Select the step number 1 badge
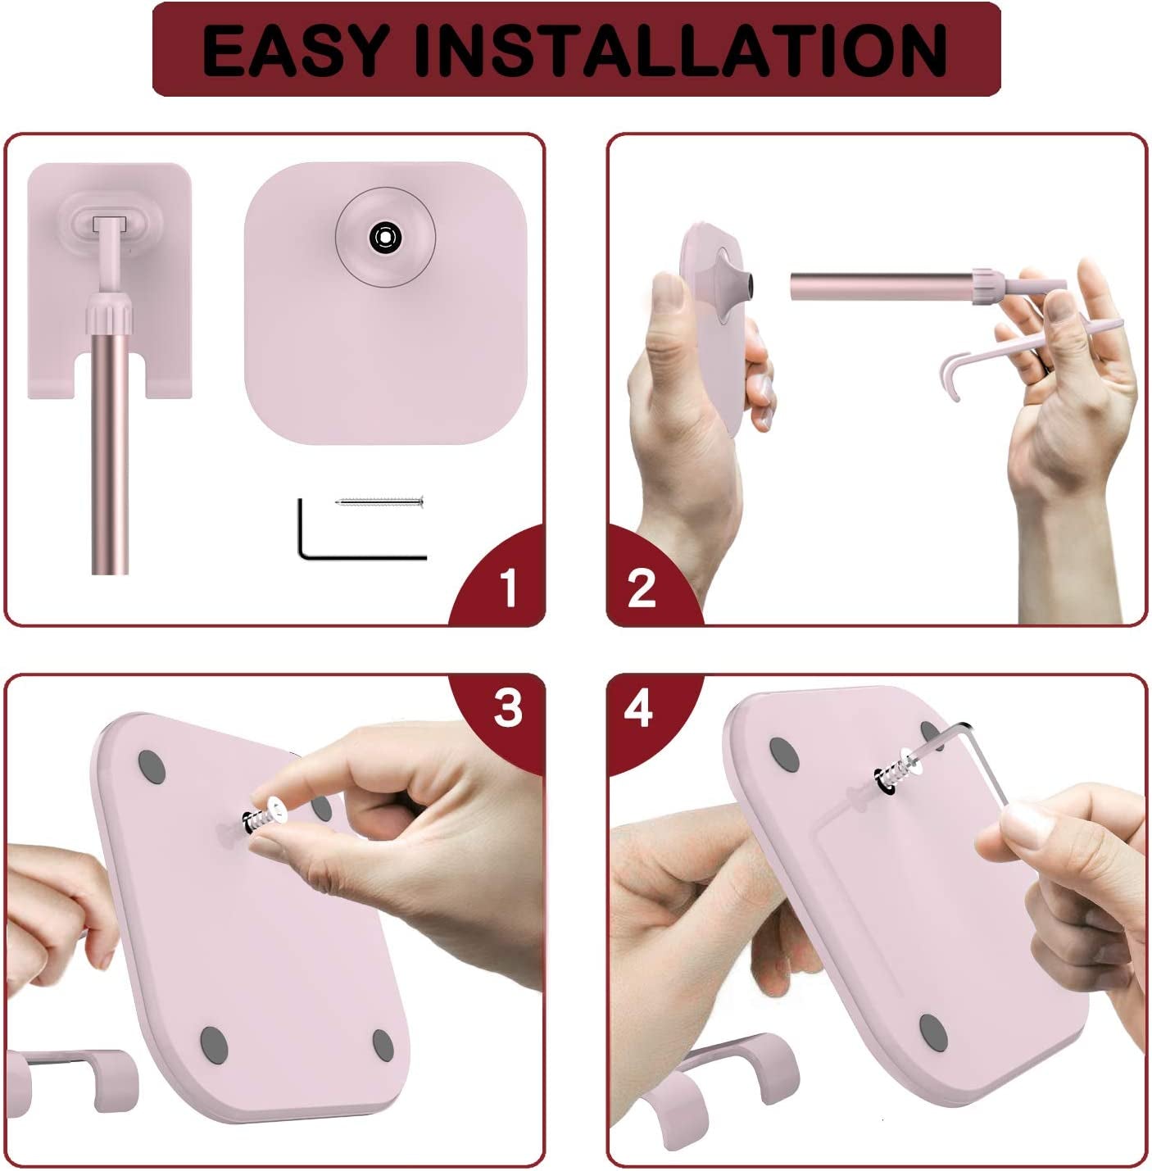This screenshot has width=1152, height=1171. point(508,586)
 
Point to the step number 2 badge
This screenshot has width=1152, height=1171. point(642,588)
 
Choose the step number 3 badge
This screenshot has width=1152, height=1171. point(508,707)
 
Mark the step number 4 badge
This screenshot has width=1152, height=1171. point(639,707)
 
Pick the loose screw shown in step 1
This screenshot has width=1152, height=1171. point(382,502)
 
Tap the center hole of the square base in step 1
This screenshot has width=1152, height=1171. point(384,237)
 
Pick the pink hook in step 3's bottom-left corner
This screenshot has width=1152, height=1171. point(74,1073)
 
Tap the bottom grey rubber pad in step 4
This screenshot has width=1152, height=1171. point(932,1028)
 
